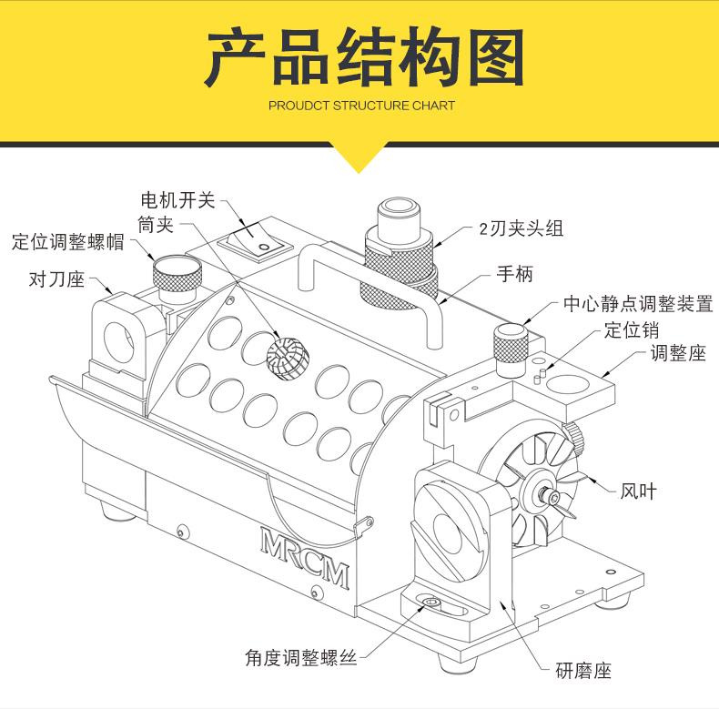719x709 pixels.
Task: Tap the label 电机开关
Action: [179, 198]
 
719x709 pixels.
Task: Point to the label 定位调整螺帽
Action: [67, 242]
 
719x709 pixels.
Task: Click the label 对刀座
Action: [57, 278]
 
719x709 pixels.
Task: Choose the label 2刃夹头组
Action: [522, 228]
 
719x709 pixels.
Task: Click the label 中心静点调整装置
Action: [637, 303]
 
